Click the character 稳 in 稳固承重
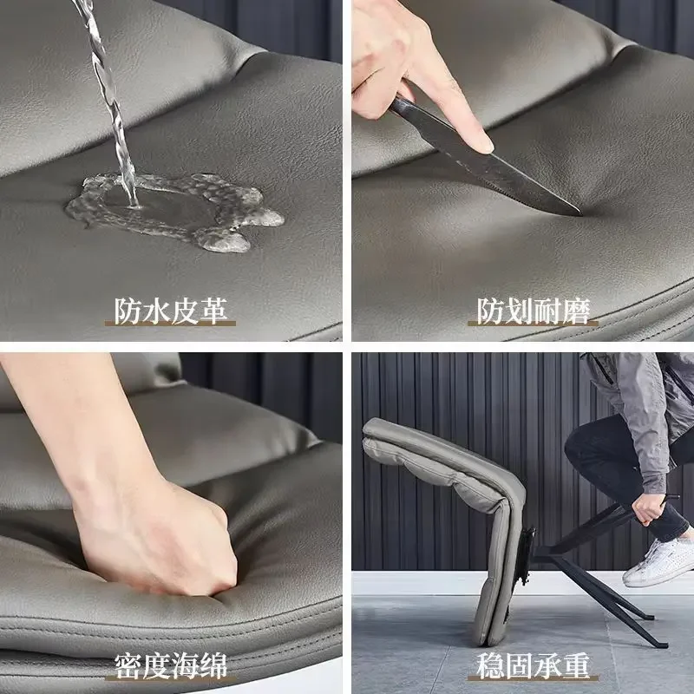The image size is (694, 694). (x=490, y=666)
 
